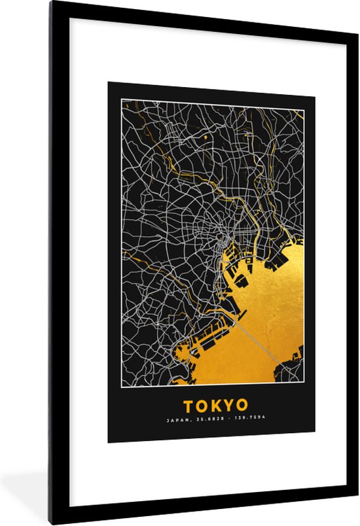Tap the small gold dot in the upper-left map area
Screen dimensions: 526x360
coord(206,138)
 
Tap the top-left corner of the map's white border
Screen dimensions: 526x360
coord(121,100)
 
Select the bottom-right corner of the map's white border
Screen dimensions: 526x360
coord(304,381)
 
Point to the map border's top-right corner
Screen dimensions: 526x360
coord(304,100)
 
